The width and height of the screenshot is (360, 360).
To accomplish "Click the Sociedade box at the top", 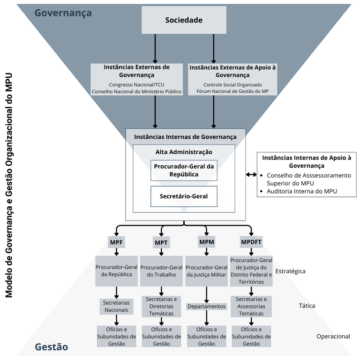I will click(184, 20).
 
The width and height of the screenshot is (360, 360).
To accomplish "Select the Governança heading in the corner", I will click(63, 13).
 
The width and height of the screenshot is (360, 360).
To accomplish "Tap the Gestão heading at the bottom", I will click(51, 347).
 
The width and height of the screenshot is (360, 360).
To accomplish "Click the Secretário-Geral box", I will click(184, 196).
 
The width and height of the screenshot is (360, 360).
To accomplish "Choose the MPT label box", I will click(161, 242).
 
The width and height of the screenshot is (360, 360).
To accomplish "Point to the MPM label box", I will click(207, 242).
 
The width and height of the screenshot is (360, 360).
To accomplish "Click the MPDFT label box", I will click(251, 242).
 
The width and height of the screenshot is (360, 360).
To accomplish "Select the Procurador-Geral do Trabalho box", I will click(161, 271).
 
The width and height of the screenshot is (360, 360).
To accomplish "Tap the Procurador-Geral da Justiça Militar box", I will click(207, 271).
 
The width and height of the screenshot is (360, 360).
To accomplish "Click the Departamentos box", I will click(207, 306).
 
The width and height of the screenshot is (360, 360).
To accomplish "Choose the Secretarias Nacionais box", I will click(116, 306).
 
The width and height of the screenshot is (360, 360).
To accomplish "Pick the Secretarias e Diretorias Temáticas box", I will click(161, 306).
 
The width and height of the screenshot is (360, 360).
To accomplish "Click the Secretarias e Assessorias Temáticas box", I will click(251, 306).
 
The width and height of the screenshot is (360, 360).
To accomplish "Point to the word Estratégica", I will click(291, 271).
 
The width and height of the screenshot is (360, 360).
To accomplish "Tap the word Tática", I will click(307, 306).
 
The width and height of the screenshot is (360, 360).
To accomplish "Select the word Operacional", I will click(333, 336).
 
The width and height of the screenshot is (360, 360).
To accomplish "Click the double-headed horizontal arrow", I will click(251, 175).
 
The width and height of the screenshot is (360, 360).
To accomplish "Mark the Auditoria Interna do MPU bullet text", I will click(302, 191).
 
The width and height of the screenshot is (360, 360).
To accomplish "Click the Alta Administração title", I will click(184, 152).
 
